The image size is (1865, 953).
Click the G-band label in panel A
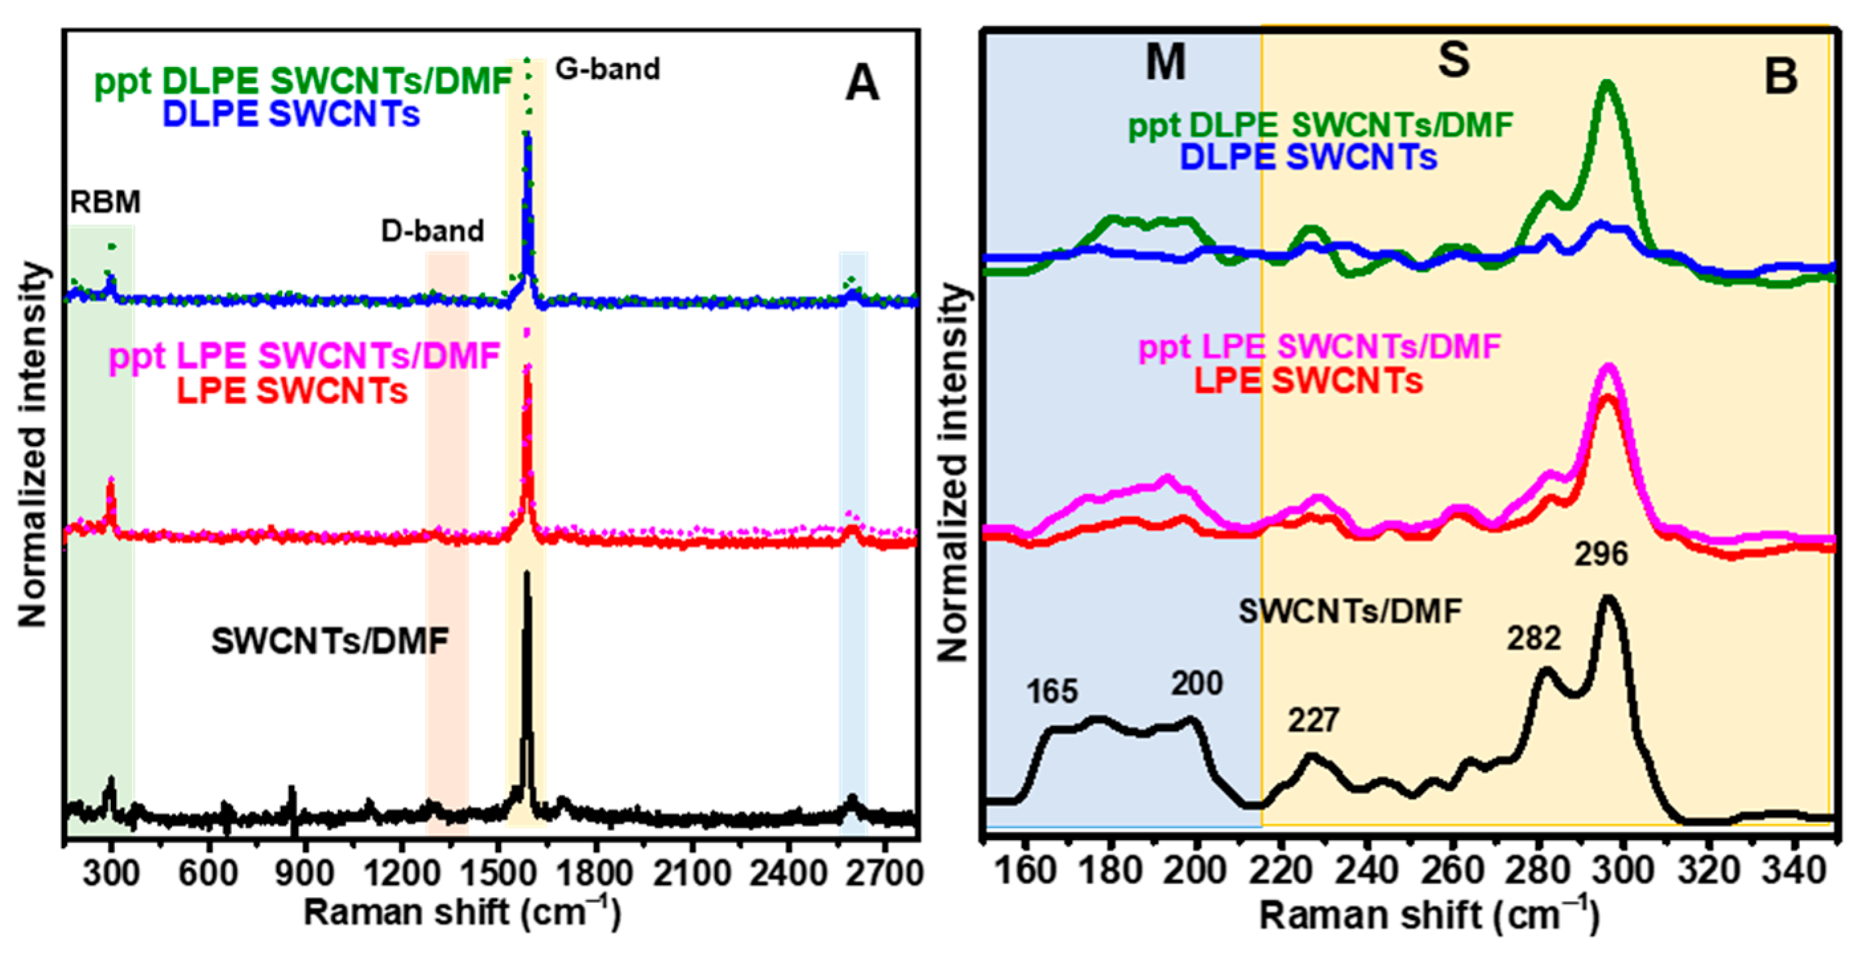(607, 70)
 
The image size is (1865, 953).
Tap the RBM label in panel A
(105, 202)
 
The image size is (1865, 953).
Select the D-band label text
(432, 231)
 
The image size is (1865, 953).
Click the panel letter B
(1780, 76)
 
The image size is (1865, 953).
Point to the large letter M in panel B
(1165, 62)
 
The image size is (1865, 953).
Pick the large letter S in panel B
(1453, 59)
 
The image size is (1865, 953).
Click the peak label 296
(1601, 555)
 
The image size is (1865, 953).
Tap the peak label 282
(1534, 639)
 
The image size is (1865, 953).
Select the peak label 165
(1051, 691)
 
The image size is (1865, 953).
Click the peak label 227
(1313, 721)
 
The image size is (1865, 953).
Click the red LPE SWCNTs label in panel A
(293, 392)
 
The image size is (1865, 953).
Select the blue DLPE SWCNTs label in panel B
(1308, 158)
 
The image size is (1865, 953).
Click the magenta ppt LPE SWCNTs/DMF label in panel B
(1319, 347)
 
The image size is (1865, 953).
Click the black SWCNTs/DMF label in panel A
(329, 642)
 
